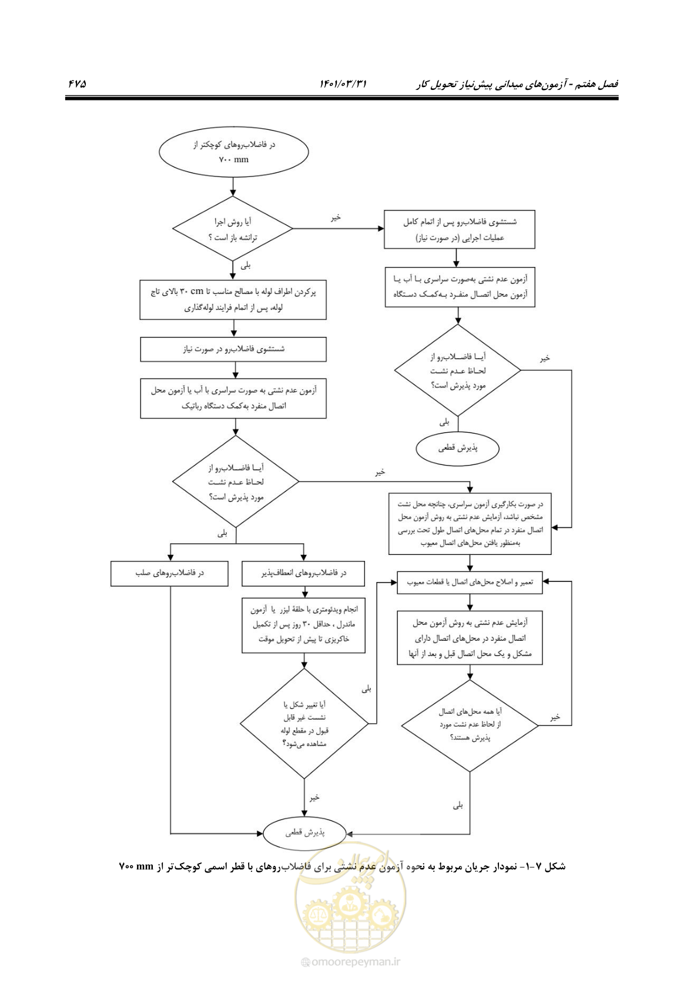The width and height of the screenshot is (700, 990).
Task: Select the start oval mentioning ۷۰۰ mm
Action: (233, 152)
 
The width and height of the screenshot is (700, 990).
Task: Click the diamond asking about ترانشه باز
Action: (232, 229)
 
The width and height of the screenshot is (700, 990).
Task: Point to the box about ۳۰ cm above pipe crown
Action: (233, 300)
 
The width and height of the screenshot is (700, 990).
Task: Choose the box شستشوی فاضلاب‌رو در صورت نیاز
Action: (233, 350)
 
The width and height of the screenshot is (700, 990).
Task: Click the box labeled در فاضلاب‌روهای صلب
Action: (170, 574)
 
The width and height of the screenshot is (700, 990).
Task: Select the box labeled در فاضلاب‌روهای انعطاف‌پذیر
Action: (303, 574)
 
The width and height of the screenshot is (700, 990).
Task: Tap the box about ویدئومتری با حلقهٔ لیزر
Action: (303, 626)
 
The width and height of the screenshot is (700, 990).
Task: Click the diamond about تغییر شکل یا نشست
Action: (304, 724)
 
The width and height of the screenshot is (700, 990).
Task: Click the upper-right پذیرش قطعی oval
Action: (458, 449)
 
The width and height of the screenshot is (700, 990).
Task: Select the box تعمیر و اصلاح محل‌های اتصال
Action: (470, 583)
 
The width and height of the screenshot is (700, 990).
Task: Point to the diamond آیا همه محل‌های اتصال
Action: (470, 725)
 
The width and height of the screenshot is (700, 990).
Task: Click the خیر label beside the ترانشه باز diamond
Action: (336, 218)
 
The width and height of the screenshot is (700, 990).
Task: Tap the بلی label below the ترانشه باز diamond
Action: (246, 266)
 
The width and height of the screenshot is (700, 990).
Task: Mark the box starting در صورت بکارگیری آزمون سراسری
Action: (470, 524)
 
